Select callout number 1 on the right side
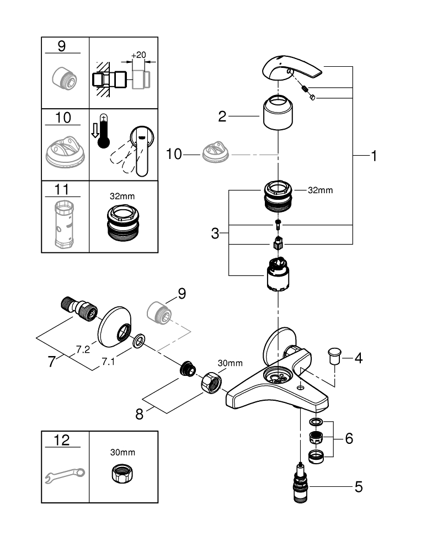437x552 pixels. [x=374, y=157]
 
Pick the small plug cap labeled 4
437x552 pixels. [x=334, y=357]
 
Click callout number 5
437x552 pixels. [x=358, y=487]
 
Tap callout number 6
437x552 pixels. [x=348, y=439]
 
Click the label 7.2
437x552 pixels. [x=83, y=349]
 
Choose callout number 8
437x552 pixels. [x=139, y=413]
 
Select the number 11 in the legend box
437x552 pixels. [x=62, y=190]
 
